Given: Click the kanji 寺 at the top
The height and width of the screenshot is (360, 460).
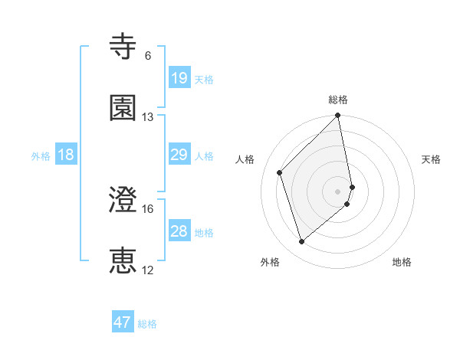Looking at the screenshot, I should pyautogui.click(x=123, y=47).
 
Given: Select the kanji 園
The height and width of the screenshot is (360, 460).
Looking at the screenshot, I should pyautogui.click(x=123, y=107).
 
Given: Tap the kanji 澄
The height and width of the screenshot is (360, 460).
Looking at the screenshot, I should pyautogui.click(x=123, y=199).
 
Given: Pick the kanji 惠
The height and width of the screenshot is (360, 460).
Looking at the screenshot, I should pyautogui.click(x=123, y=260).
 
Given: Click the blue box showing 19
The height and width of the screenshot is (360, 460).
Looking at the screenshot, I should pyautogui.click(x=179, y=78).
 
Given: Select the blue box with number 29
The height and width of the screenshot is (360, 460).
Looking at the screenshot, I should pyautogui.click(x=179, y=155).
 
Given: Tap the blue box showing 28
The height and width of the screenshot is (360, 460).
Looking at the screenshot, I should pyautogui.click(x=179, y=232).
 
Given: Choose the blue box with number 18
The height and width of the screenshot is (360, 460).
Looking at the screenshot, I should pyautogui.click(x=66, y=155).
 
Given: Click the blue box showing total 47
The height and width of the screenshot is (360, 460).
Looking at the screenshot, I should pyautogui.click(x=123, y=322).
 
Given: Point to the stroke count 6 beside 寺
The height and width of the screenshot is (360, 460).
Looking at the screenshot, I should pyautogui.click(x=148, y=56).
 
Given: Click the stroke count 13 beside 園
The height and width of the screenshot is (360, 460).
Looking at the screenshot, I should pyautogui.click(x=148, y=117).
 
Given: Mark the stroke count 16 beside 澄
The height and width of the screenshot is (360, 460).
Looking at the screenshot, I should pyautogui.click(x=148, y=208).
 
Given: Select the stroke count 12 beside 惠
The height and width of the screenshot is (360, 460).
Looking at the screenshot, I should pyautogui.click(x=148, y=270).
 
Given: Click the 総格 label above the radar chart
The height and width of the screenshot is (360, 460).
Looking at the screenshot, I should pyautogui.click(x=338, y=100).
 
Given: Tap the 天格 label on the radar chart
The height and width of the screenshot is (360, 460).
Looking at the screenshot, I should pyautogui.click(x=432, y=159).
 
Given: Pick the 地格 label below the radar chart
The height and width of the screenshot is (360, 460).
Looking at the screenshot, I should pyautogui.click(x=402, y=262).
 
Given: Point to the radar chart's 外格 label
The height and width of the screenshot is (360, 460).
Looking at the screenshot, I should pyautogui.click(x=270, y=262).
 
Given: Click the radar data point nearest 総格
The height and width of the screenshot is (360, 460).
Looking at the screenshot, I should pyautogui.click(x=338, y=116).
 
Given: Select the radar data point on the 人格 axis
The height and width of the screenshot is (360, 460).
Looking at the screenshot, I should pyautogui.click(x=280, y=172).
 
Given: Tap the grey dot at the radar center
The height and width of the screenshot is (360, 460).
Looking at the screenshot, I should pyautogui.click(x=338, y=191).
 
